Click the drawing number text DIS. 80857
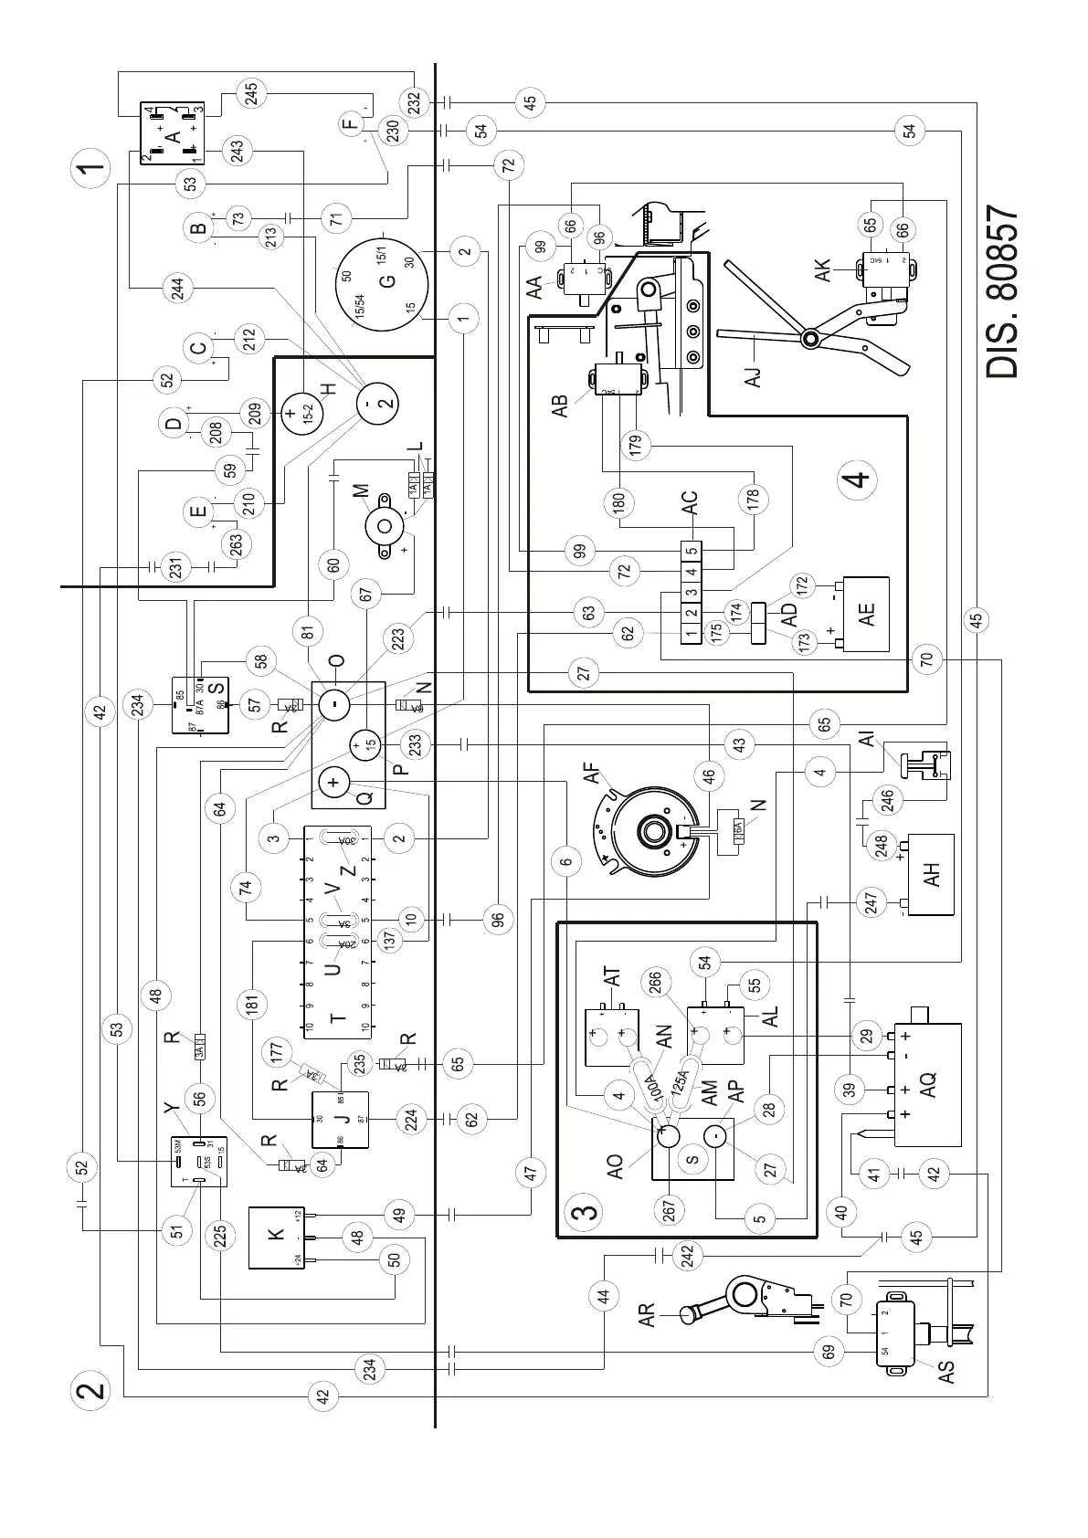point(1002,292)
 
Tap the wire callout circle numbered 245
point(253,93)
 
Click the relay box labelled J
point(340,1119)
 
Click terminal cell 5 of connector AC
point(692,552)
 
